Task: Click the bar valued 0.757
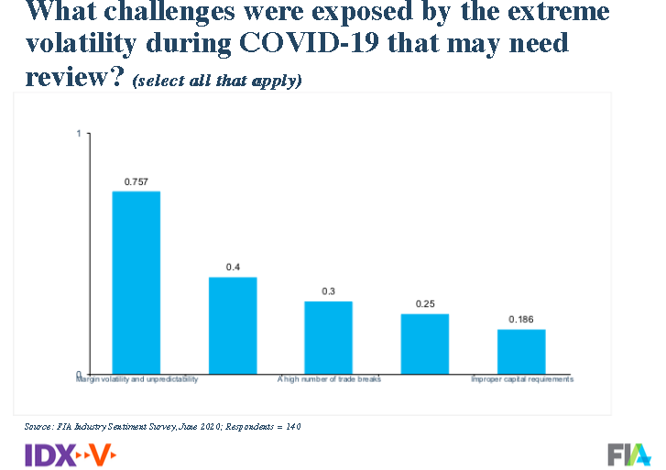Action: click(x=136, y=281)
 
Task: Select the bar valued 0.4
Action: click(x=233, y=324)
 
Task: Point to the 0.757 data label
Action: click(x=136, y=181)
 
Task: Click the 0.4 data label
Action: click(x=233, y=268)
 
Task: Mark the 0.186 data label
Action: click(x=521, y=320)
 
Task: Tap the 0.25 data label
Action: click(x=425, y=304)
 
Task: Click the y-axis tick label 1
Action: click(x=79, y=134)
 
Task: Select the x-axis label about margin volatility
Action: click(x=136, y=378)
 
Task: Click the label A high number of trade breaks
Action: click(x=328, y=378)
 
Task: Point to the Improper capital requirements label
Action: click(x=521, y=378)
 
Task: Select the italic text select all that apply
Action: click(x=217, y=81)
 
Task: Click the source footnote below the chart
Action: click(x=162, y=427)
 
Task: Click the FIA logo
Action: click(x=629, y=454)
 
